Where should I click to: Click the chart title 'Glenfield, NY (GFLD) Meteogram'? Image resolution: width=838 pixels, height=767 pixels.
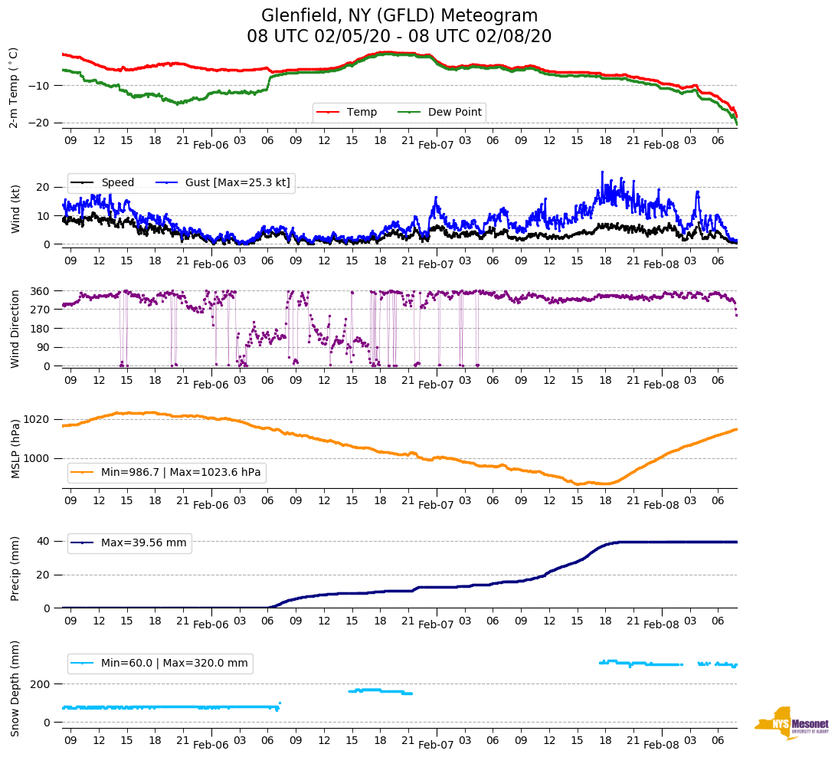[x=399, y=16]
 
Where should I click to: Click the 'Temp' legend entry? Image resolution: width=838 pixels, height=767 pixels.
[x=362, y=113]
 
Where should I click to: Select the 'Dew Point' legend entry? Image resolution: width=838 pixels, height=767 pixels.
[x=454, y=113]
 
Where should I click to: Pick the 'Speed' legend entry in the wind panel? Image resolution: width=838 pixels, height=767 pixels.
[x=117, y=182]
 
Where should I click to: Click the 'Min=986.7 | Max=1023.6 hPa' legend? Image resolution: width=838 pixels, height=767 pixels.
[x=181, y=473]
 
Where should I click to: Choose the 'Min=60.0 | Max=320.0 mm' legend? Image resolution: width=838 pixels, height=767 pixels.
[x=174, y=664]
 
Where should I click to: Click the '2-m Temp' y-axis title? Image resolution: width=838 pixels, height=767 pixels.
[x=14, y=87]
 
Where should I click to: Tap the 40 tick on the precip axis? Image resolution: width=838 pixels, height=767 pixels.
[x=44, y=541]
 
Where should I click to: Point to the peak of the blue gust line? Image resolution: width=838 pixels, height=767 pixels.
[x=602, y=172]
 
